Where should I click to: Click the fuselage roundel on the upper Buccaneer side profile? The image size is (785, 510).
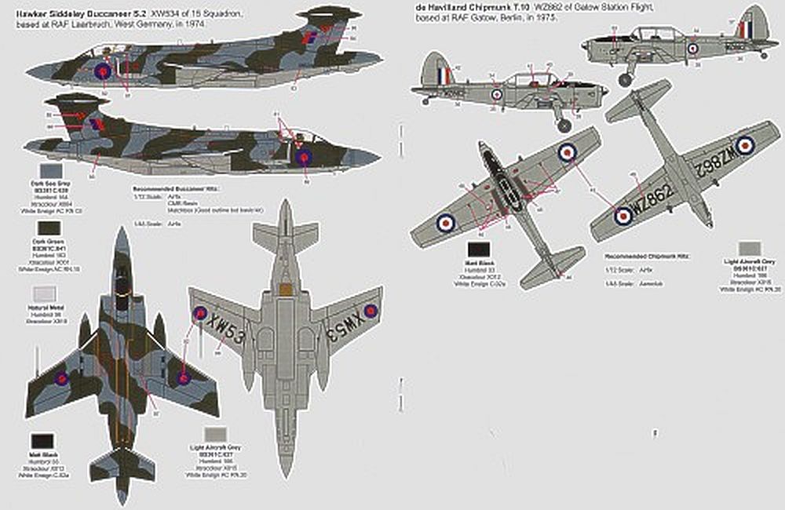point(102,71)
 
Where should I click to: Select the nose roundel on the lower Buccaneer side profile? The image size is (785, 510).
point(304,156)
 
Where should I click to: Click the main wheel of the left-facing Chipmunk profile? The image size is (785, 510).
point(626,79)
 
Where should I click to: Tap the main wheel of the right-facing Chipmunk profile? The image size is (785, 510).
point(564,124)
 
